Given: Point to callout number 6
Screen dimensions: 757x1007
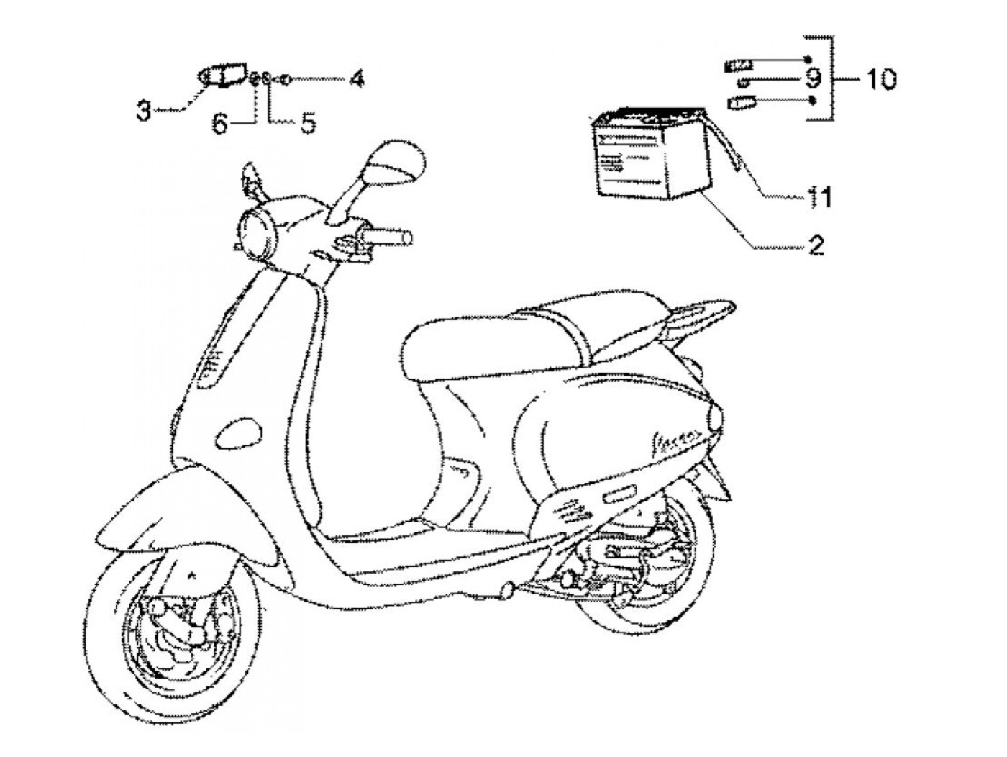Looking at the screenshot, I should pyautogui.click(x=219, y=124).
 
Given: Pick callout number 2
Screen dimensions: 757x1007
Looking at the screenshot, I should pyautogui.click(x=815, y=245).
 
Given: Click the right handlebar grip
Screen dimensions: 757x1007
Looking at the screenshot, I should pyautogui.click(x=388, y=236).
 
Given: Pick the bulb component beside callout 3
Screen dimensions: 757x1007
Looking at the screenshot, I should pyautogui.click(x=223, y=76).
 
